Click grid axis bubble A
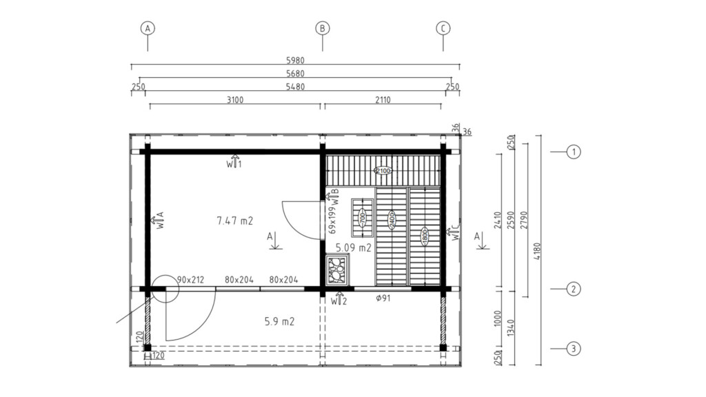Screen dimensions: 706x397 148,28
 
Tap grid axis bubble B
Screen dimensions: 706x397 323,28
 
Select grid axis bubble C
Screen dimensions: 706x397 443,28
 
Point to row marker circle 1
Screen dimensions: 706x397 573,152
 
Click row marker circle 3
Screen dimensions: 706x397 573,348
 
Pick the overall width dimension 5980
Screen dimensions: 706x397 295,61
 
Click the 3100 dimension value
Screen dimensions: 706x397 235,100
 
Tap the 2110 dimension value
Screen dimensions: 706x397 383,100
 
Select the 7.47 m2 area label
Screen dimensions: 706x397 234,221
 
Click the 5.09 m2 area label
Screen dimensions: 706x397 354,247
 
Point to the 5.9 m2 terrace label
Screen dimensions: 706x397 279,321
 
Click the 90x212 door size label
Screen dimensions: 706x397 190,280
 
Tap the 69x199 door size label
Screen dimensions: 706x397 333,220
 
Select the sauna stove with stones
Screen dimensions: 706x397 337,269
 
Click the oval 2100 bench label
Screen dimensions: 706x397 383,171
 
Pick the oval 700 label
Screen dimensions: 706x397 363,218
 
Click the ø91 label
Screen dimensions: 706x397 383,298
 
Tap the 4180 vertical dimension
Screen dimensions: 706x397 536,251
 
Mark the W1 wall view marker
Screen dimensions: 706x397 234,161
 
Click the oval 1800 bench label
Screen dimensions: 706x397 424,236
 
